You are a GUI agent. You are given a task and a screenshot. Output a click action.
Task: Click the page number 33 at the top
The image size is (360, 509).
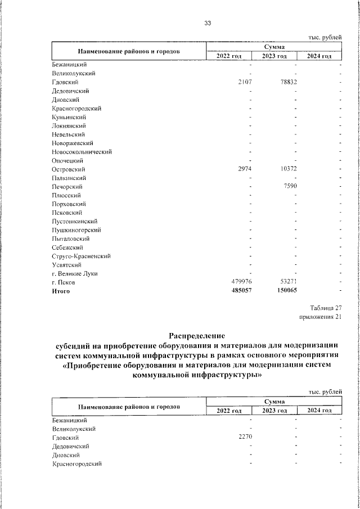208,23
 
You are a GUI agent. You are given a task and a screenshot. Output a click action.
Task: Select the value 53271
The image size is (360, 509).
286,282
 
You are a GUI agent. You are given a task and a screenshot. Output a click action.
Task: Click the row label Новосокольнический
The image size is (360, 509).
82,152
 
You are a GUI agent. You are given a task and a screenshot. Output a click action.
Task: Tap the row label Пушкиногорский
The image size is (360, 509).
76,230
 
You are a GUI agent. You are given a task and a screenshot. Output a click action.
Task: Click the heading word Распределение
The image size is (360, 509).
196,336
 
